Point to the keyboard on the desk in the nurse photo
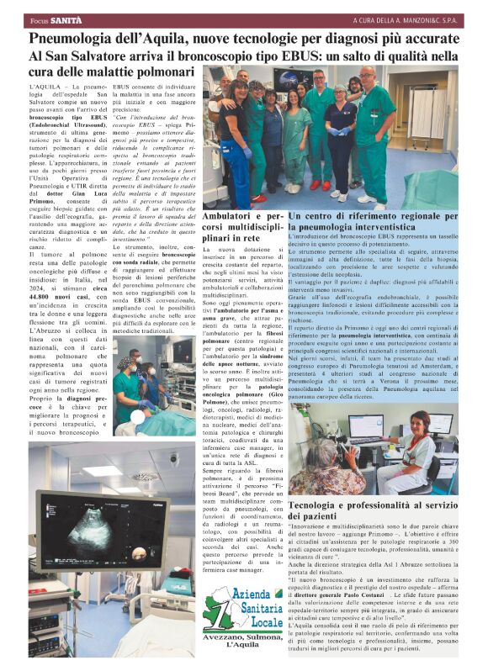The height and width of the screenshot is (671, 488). tap(383, 451)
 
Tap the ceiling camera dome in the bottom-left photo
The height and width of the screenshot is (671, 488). tap(172, 459)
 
